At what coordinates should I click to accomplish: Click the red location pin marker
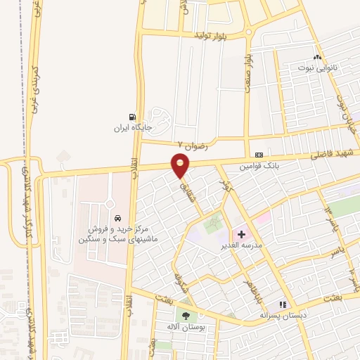click(181, 165)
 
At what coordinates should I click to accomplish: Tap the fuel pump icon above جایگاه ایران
click(131, 117)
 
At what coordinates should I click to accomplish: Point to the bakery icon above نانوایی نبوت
click(318, 58)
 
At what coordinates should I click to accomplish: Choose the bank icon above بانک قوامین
click(259, 155)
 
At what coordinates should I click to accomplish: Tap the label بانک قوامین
click(259, 167)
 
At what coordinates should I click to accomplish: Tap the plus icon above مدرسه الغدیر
click(240, 233)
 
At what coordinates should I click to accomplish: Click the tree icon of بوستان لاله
click(186, 317)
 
